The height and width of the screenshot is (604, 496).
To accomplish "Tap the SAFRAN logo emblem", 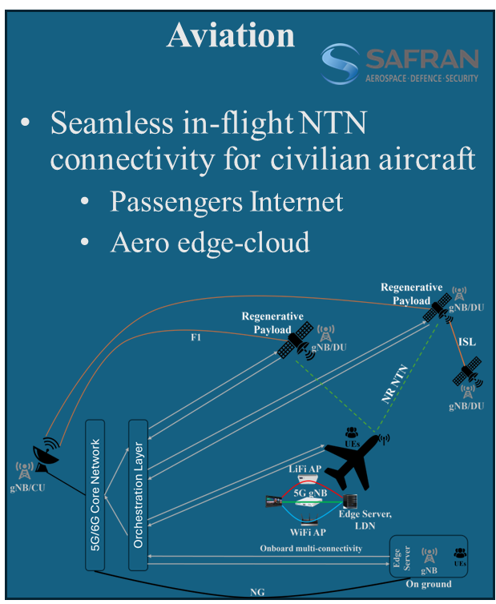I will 341,63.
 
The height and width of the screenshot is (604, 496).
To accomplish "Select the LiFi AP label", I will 304,467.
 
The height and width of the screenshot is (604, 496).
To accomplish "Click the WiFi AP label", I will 307,532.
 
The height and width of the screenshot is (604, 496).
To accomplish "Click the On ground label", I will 429,584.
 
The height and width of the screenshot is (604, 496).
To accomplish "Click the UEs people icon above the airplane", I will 351,433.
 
